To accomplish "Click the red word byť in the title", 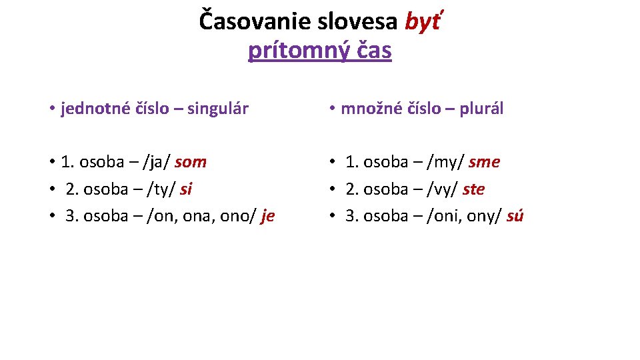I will [x=423, y=22].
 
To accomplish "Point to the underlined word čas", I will [x=373, y=50].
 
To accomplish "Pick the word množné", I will [x=369, y=109].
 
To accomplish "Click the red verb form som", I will [x=191, y=162].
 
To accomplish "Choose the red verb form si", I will [x=186, y=189].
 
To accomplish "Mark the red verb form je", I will [x=267, y=216].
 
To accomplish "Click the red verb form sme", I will [x=484, y=162].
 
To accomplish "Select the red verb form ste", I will [x=473, y=189].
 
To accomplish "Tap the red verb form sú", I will [x=515, y=216].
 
